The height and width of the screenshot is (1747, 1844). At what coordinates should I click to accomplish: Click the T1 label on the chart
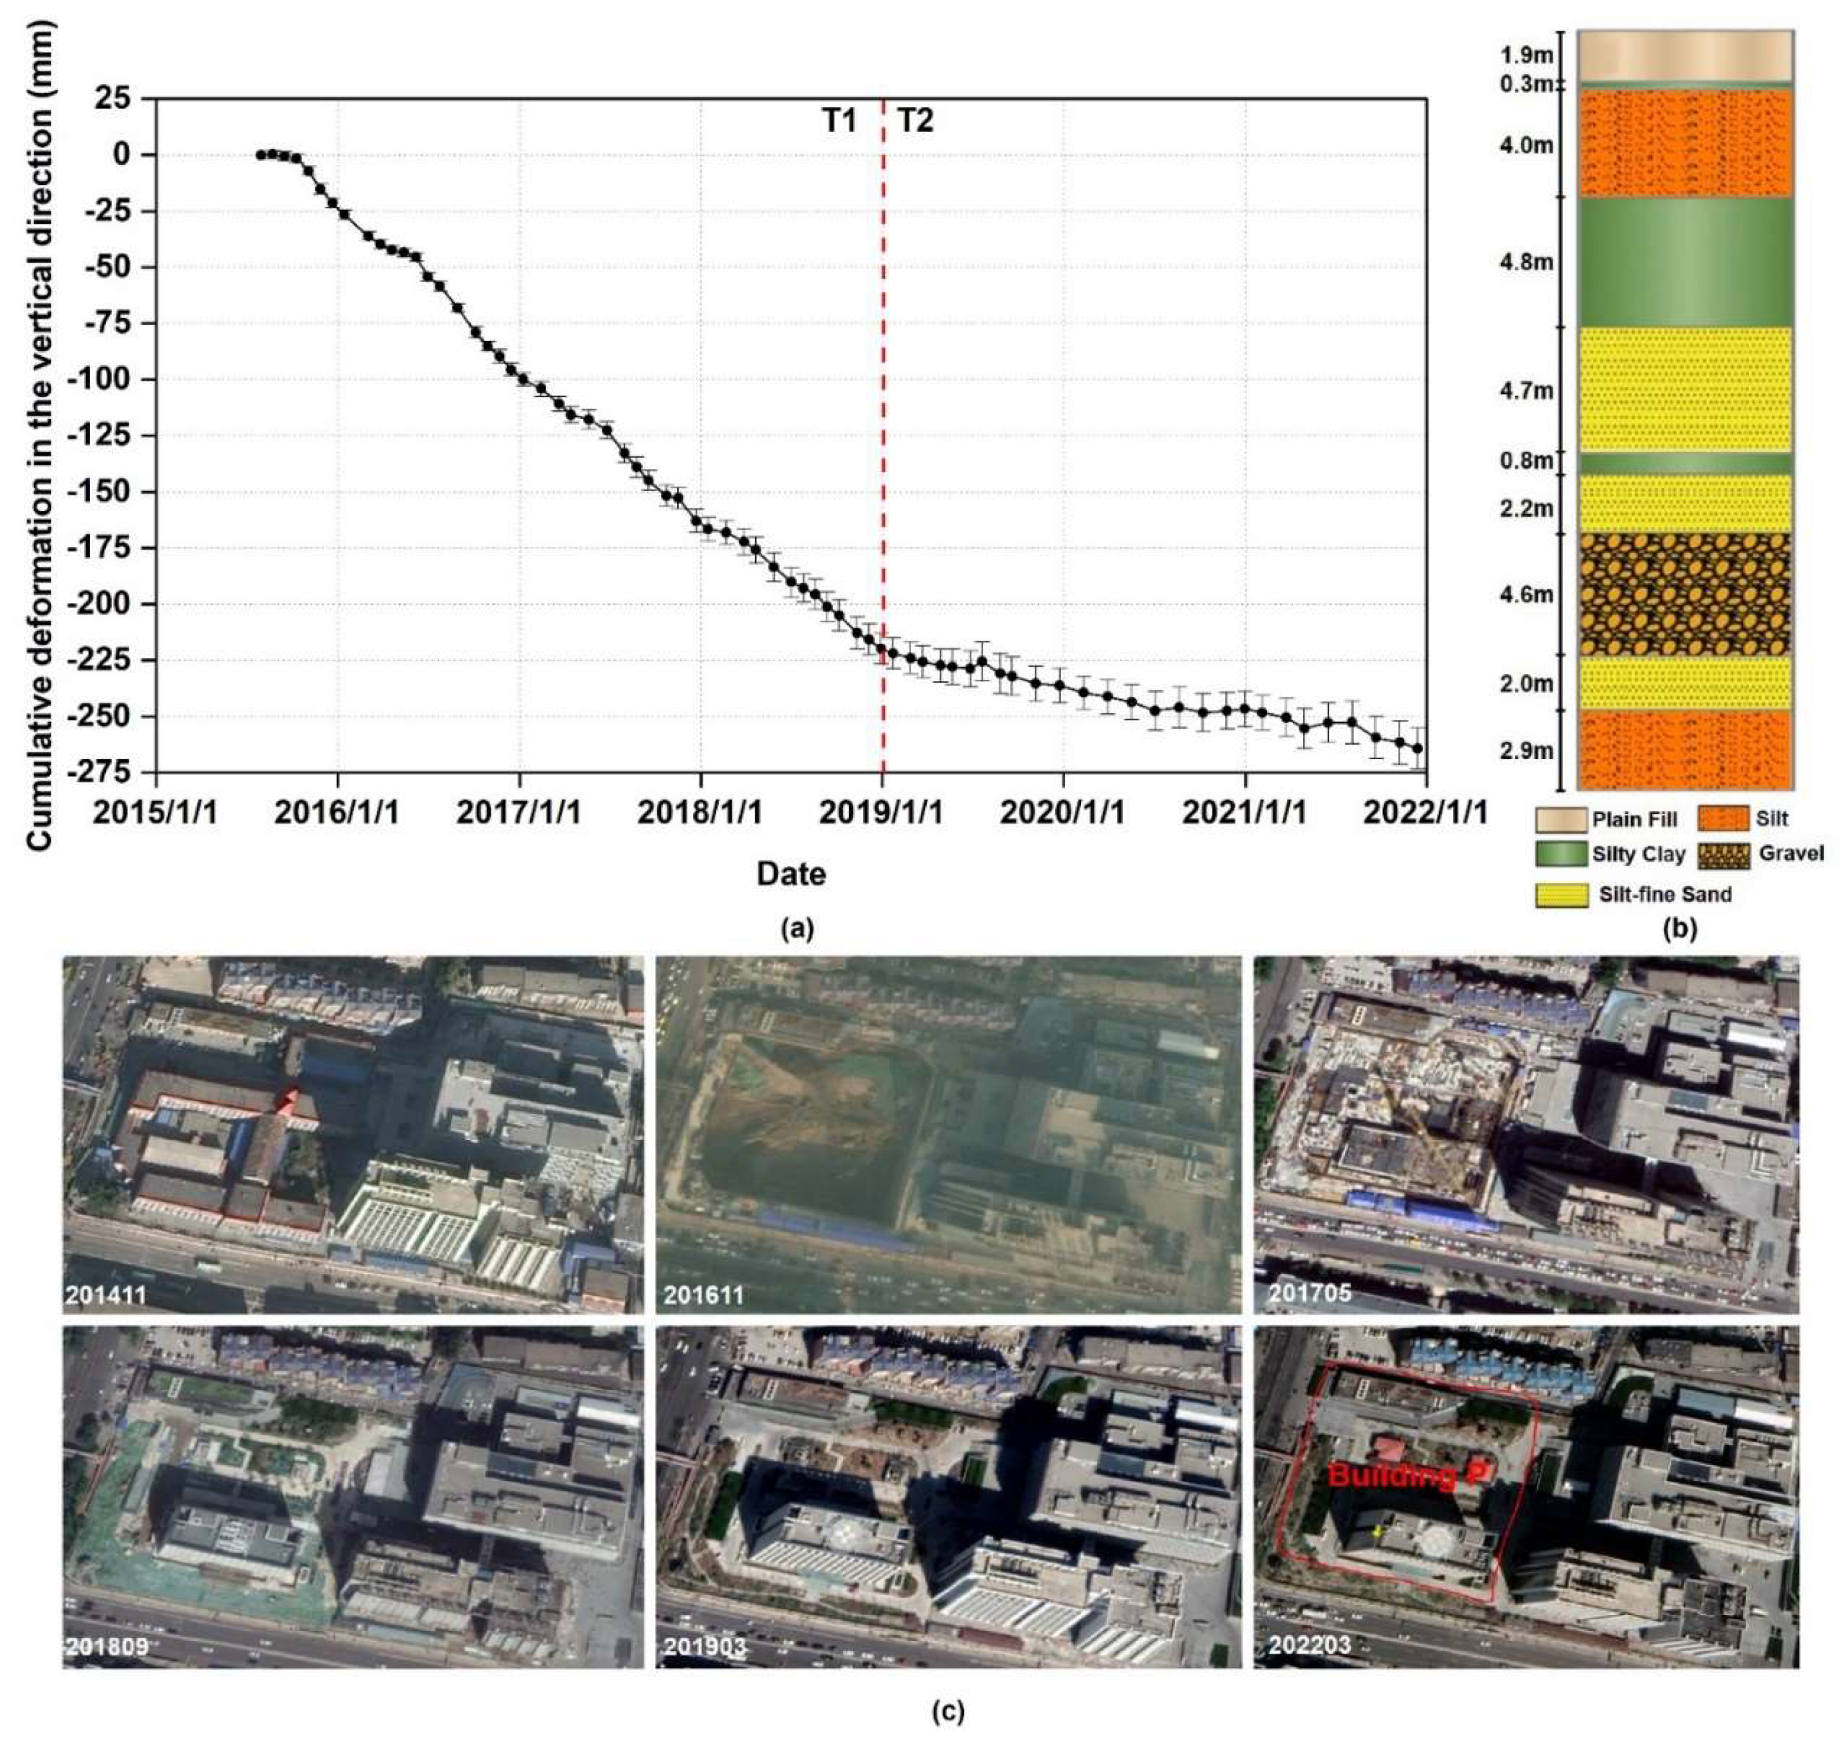pyautogui.click(x=838, y=121)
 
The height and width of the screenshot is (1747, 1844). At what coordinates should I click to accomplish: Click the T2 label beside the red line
pyautogui.click(x=914, y=121)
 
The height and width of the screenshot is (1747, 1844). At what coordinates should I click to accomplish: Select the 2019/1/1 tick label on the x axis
pyautogui.click(x=881, y=812)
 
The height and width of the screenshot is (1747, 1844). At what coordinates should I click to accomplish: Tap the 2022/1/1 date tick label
pyautogui.click(x=1425, y=812)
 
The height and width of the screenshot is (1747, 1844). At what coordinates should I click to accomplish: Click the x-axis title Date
pyautogui.click(x=791, y=873)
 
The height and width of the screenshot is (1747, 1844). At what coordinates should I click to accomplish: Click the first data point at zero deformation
pyautogui.click(x=261, y=154)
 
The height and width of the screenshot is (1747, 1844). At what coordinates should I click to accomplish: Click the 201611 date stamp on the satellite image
pyautogui.click(x=704, y=1295)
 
